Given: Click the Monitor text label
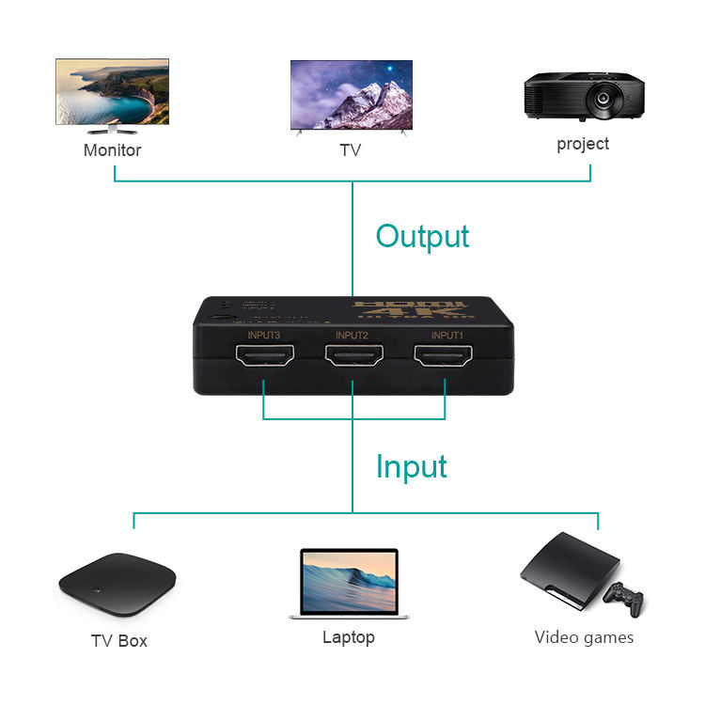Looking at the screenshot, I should pos(113,150).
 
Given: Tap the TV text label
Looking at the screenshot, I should pos(350,150).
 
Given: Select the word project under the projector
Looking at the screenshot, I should pos(583,144).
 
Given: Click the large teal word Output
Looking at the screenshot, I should pos(422,235).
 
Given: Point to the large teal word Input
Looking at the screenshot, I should pos(412,466).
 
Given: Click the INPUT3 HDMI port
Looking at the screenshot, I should pos(265,357).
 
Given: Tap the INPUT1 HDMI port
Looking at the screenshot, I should pos(443,357).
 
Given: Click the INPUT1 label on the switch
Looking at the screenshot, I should pos(447,336).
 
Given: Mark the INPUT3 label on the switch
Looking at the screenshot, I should pos(265,336).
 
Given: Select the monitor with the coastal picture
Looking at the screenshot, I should pos(112,92).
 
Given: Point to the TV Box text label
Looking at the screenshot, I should pos(119,641).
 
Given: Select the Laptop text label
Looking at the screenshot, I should pos(349,637).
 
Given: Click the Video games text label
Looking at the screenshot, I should pos(584,637).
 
